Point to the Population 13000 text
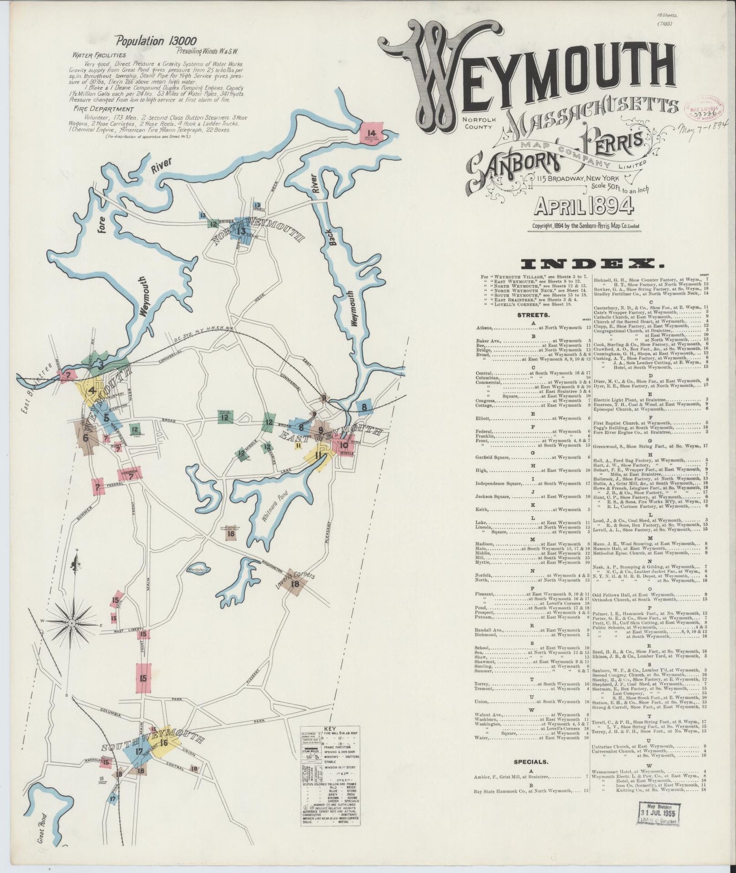[x=155, y=41]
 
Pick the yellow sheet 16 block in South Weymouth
[x=165, y=743]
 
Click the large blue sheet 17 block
[x=139, y=752]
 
